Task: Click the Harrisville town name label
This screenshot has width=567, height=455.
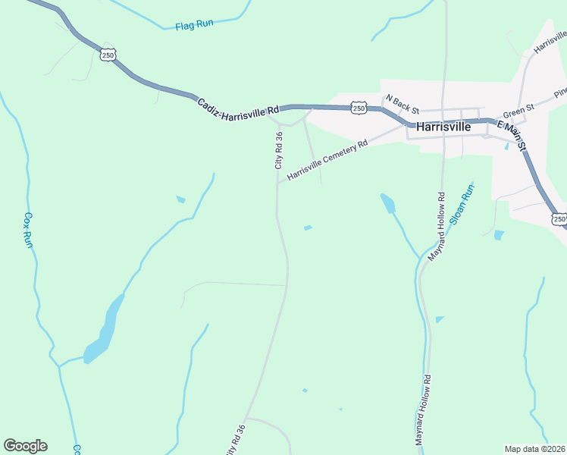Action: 439,127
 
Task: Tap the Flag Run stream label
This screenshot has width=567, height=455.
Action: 194,24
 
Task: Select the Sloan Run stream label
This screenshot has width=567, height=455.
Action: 461,206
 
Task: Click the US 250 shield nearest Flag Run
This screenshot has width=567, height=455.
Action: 108,54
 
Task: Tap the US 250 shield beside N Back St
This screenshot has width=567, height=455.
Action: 359,108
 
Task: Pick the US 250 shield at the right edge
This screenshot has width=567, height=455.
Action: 559,219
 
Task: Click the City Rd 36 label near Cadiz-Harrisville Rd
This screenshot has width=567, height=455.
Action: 278,150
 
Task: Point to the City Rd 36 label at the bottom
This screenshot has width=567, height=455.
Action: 236,438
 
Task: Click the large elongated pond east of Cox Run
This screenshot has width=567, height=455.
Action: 105,330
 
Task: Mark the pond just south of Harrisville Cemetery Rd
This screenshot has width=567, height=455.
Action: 388,202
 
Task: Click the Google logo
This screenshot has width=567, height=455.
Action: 25,446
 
